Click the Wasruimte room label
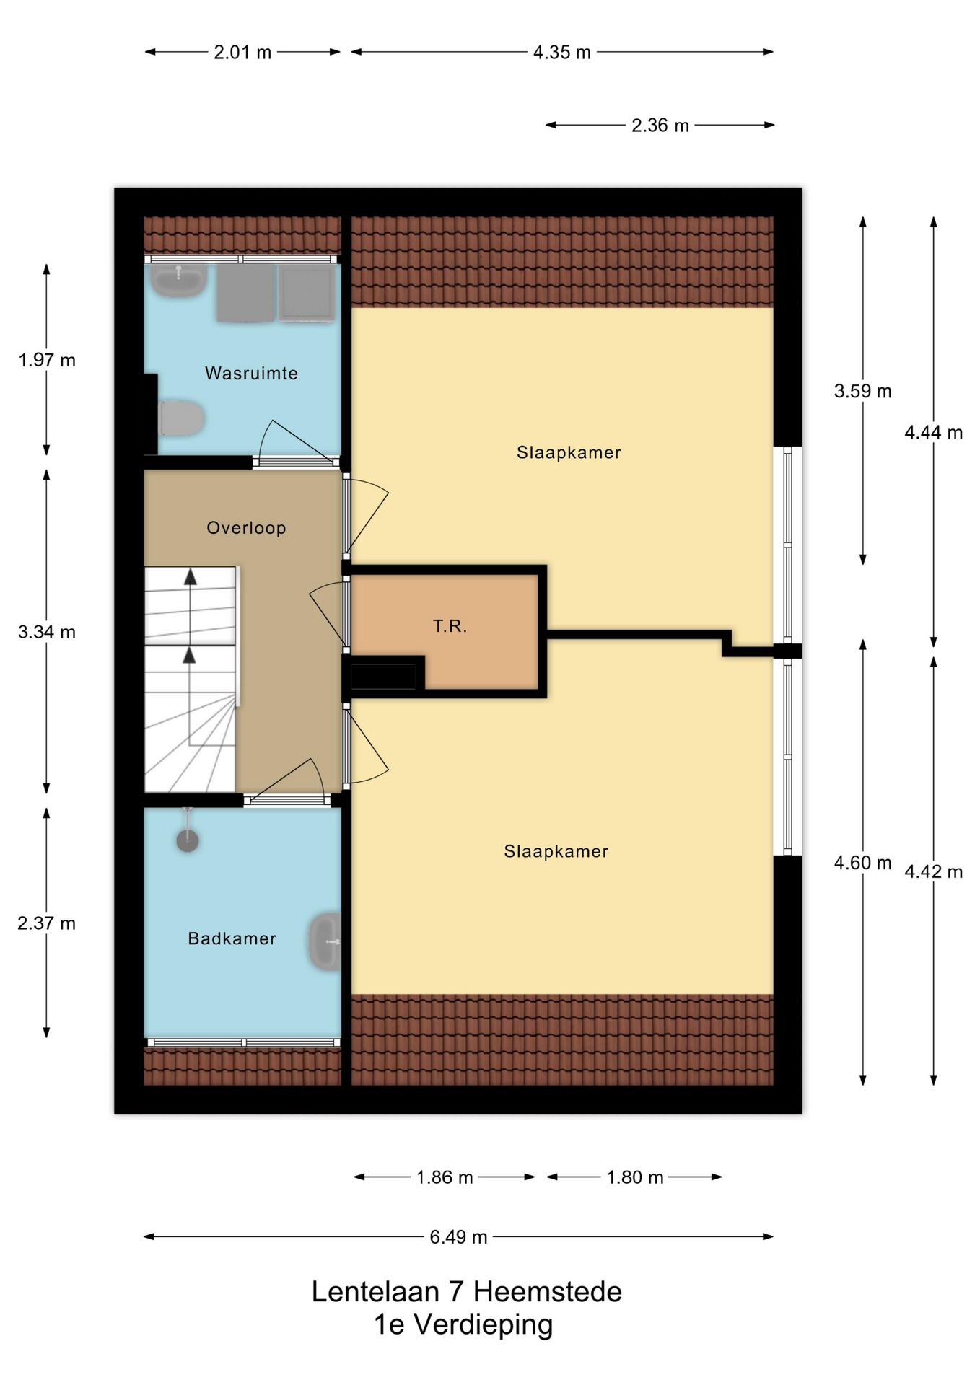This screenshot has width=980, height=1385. (x=251, y=373)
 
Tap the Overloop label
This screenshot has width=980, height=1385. (x=246, y=527)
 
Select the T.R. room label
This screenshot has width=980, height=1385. (x=450, y=625)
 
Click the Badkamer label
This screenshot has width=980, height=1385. (x=232, y=938)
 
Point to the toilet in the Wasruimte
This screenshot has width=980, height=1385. (x=181, y=418)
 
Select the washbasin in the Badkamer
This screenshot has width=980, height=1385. (x=325, y=941)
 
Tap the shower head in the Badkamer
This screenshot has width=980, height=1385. (x=188, y=840)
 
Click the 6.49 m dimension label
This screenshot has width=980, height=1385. (x=458, y=1236)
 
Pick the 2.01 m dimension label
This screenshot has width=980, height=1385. (x=242, y=52)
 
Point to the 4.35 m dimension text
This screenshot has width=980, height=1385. (x=561, y=52)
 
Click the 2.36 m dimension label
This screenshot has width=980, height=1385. (x=660, y=125)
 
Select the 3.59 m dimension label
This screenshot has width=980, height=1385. (x=862, y=391)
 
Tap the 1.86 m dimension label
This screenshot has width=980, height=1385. (x=445, y=1177)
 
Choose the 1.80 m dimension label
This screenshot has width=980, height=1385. (x=634, y=1177)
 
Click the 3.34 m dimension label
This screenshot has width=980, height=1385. (x=47, y=632)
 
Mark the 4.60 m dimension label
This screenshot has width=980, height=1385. (x=862, y=863)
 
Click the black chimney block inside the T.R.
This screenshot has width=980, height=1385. (x=383, y=677)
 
